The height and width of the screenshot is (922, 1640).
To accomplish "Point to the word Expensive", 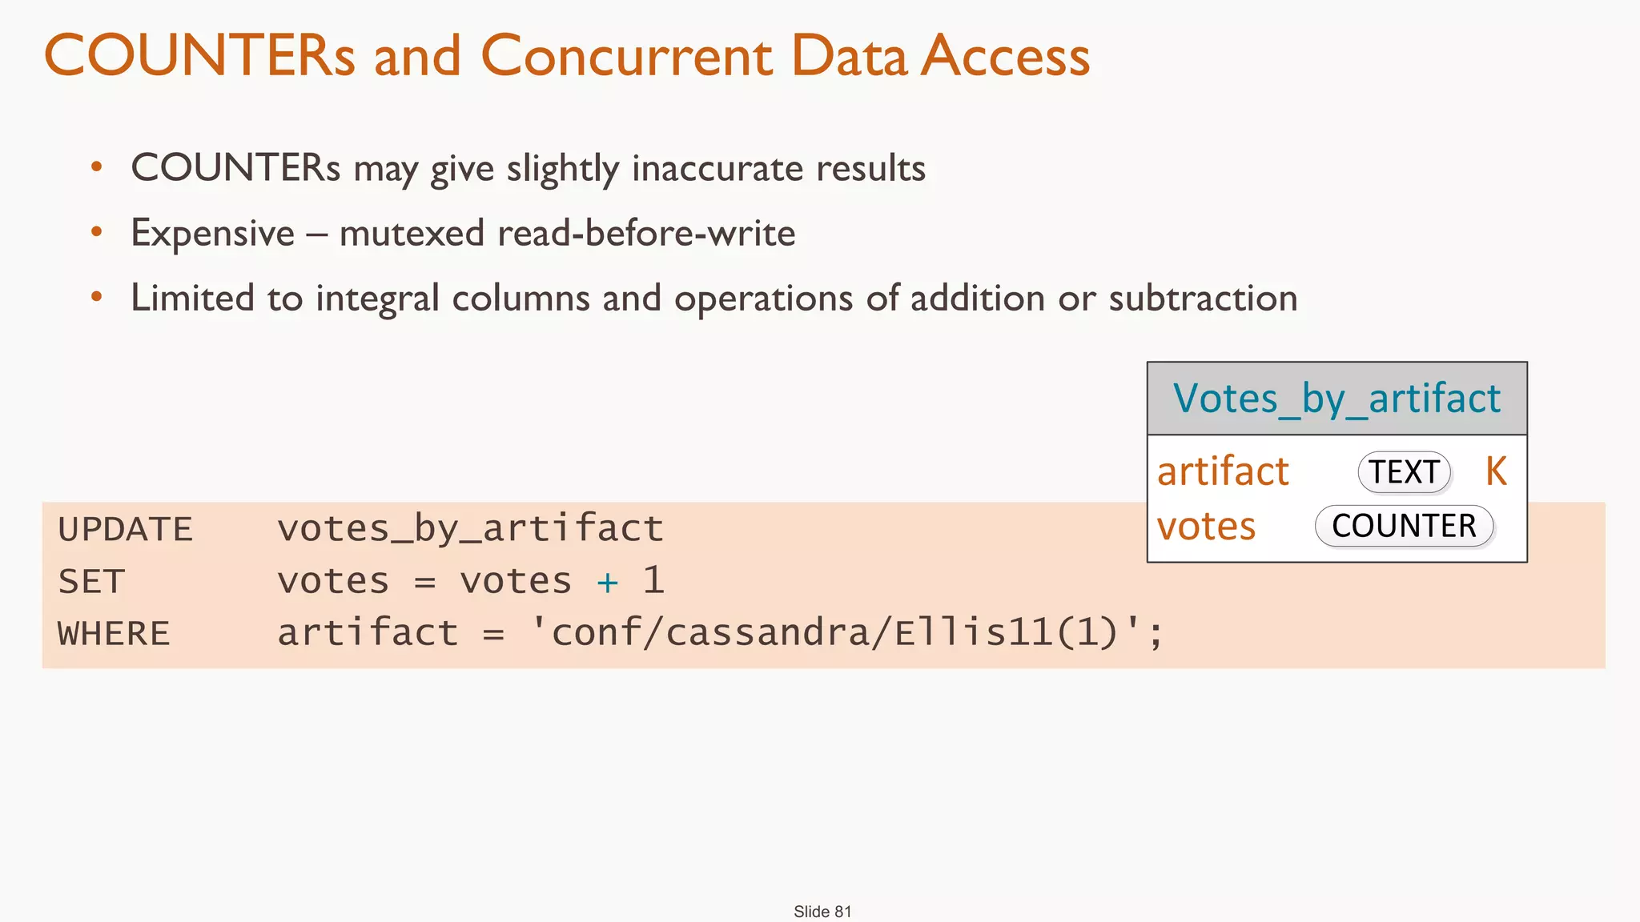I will coord(213,234).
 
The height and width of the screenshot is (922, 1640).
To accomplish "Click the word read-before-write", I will coord(646,234).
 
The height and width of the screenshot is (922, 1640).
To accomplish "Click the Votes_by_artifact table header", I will coord(1337,399).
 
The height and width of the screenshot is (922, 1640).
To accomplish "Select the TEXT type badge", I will coord(1404,472).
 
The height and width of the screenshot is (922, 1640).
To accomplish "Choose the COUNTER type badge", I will coord(1404,526).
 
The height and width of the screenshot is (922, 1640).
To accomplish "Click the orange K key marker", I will coord(1496,471).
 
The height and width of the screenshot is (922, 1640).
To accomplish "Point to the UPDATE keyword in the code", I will coord(126,530).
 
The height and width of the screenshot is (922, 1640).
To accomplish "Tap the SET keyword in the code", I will coord(91,582).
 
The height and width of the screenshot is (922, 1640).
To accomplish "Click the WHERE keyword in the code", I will coord(114,634).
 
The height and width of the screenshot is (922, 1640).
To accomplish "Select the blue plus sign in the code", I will coord(607,583).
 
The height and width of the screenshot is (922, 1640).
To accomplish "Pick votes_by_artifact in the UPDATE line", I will coord(470,529).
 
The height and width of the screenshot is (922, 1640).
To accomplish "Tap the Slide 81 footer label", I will coord(822,912).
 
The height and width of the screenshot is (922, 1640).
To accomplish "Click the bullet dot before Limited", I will coord(97,298).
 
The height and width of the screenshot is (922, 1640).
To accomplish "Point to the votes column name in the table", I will coord(1206,527).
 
